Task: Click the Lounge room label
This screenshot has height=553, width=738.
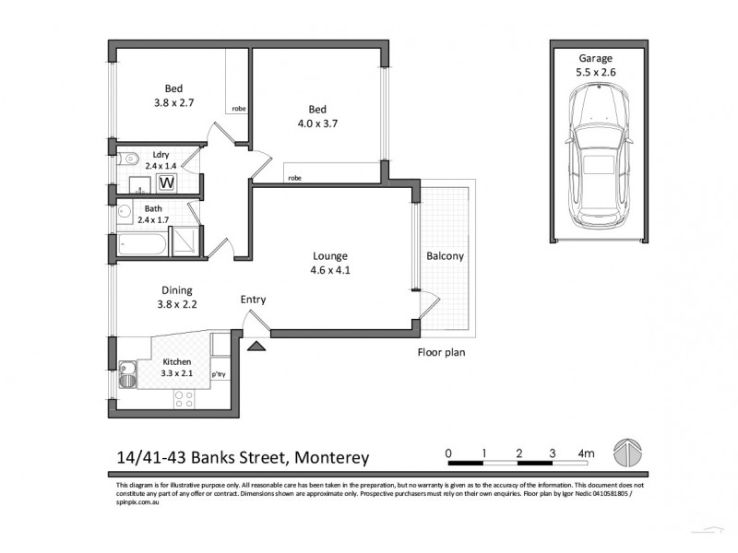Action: point(328,255)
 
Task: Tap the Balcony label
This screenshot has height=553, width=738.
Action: point(446,256)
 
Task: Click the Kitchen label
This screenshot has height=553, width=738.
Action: point(177,362)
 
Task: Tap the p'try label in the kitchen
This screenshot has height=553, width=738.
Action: point(220,375)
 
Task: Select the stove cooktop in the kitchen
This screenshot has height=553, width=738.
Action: point(184,398)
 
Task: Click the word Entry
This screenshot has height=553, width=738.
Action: point(253,300)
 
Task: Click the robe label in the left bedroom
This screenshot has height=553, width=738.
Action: point(238,108)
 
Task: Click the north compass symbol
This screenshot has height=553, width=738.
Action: point(627,453)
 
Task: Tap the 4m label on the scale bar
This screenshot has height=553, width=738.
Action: point(585,453)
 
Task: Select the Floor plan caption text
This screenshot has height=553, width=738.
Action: point(440,351)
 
